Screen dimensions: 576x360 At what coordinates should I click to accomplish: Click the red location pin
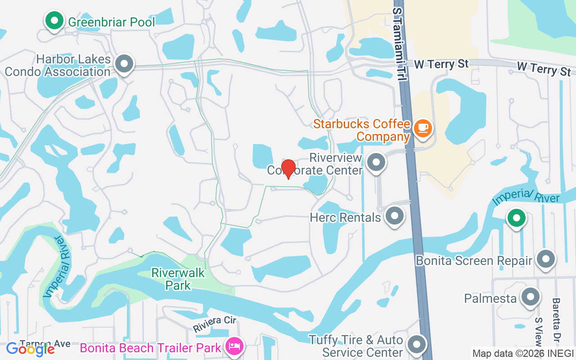pos(288,168)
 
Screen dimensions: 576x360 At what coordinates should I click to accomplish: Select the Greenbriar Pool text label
pos(111,22)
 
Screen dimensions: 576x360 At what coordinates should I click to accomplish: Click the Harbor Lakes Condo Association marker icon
pos(124,64)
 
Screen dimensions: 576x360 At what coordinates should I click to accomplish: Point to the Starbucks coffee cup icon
pos(423,128)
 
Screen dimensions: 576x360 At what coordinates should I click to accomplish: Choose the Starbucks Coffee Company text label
pos(362,130)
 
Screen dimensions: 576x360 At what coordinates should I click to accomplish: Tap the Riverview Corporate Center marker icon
pos(376,162)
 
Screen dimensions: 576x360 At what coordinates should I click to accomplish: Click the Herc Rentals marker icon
pos(395,216)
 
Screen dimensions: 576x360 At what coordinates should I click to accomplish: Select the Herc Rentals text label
pos(345,217)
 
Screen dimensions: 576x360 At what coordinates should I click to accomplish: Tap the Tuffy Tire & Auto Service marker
pos(417,345)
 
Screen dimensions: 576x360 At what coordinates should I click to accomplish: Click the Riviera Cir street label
pos(215,324)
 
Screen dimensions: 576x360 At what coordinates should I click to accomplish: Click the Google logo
pos(31,349)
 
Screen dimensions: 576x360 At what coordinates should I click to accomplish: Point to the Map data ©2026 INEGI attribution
pos(522,353)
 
